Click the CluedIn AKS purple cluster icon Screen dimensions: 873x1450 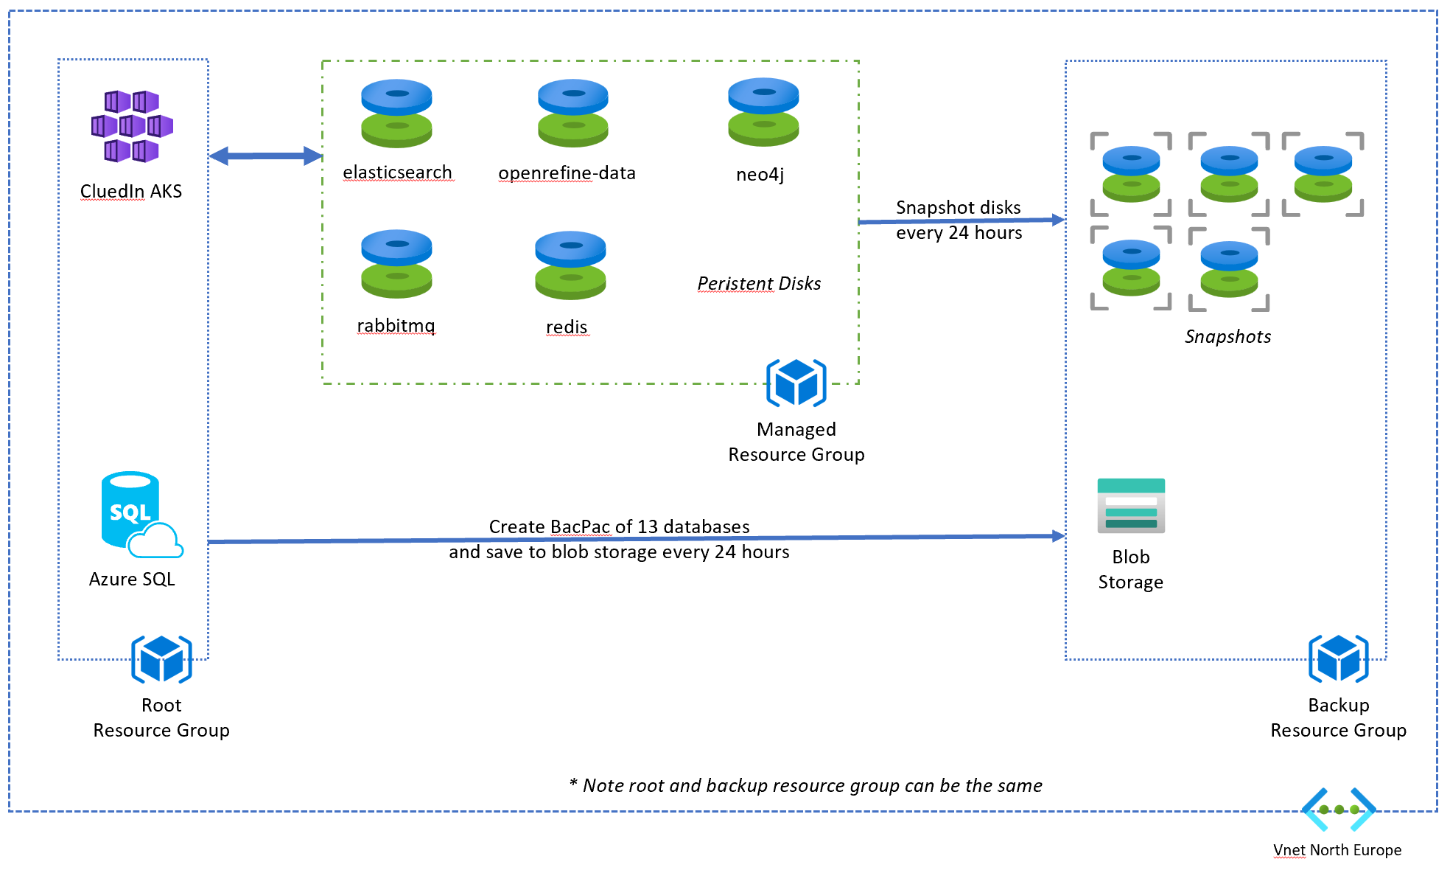[132, 126]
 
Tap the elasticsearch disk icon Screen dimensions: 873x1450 [396, 114]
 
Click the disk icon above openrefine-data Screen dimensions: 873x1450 [573, 114]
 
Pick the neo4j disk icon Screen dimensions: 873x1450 [763, 112]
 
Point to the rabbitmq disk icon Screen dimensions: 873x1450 [396, 264]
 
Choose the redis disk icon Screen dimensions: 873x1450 [570, 265]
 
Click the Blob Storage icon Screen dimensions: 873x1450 [1131, 506]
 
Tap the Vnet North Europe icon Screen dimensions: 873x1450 [1338, 810]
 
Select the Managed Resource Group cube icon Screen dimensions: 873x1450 [796, 383]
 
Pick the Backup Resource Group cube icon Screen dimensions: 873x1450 [1339, 658]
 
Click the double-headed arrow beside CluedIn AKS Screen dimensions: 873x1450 [265, 156]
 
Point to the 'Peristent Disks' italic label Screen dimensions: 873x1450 [759, 284]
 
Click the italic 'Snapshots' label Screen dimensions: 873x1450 [1228, 337]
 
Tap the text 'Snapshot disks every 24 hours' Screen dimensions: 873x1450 [959, 220]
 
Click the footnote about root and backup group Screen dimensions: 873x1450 [806, 786]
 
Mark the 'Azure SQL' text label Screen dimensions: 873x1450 [132, 580]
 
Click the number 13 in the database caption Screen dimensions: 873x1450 [648, 527]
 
